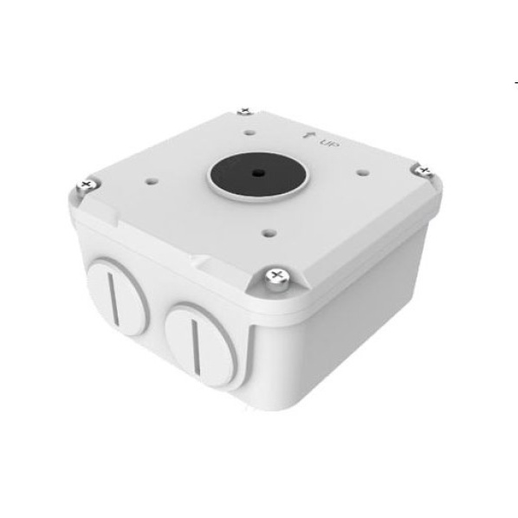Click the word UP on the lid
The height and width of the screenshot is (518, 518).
click(330, 144)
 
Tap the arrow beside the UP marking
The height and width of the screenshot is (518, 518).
click(309, 135)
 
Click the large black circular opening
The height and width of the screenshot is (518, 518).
click(258, 175)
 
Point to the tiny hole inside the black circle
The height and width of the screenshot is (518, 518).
click(256, 172)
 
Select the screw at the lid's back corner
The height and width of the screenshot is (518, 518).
click(245, 111)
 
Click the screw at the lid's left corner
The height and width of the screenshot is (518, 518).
click(87, 186)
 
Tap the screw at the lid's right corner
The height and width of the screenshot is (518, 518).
click(424, 171)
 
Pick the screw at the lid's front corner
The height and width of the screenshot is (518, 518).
click(277, 278)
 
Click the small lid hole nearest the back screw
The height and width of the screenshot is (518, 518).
click(250, 133)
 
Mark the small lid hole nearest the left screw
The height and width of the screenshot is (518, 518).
click(152, 181)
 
